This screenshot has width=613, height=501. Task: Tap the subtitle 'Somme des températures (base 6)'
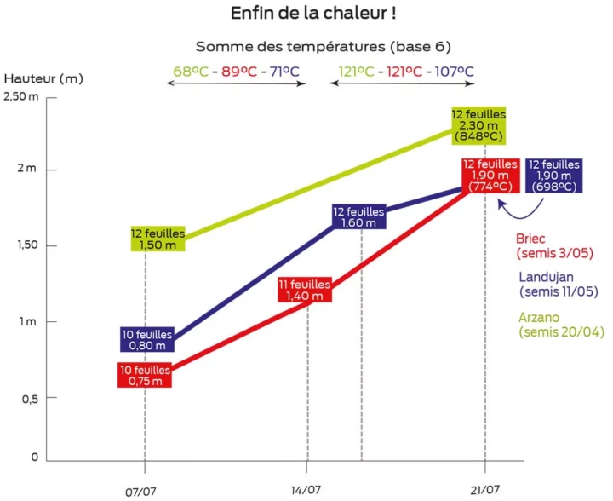(x=324, y=46)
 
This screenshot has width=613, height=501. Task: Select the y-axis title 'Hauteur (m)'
(x=43, y=78)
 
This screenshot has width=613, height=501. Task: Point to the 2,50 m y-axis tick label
(x=21, y=96)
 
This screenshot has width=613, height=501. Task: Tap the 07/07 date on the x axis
(x=144, y=491)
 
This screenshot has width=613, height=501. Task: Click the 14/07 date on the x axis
(x=306, y=491)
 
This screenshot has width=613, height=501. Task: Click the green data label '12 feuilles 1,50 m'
(x=158, y=239)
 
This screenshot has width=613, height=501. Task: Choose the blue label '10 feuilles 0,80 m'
(x=145, y=340)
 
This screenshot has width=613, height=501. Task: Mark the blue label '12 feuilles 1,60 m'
(x=358, y=217)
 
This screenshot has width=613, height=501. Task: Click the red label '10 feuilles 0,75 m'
(x=145, y=376)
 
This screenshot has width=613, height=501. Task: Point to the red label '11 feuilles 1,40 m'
(x=305, y=290)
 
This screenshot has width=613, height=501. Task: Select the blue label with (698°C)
(x=553, y=176)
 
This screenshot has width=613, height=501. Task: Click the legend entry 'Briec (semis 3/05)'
(x=554, y=246)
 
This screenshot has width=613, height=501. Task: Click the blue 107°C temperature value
(x=454, y=71)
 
